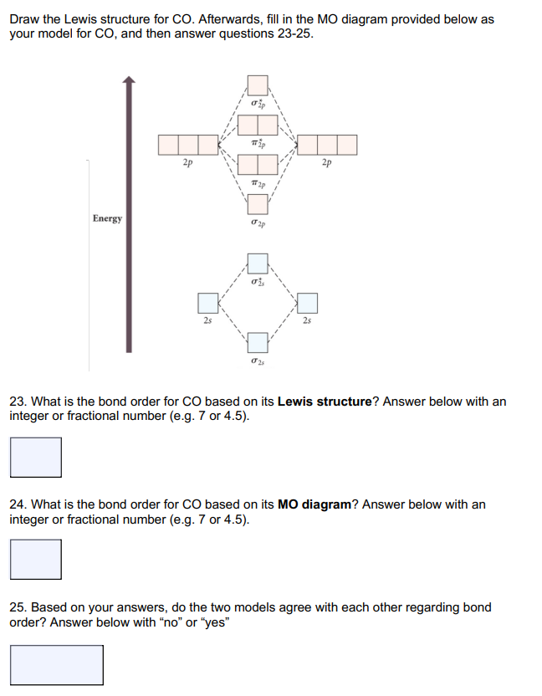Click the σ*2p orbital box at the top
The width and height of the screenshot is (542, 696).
point(258,85)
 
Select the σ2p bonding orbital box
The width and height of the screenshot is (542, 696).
point(258,203)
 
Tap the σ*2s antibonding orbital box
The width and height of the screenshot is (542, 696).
point(258,264)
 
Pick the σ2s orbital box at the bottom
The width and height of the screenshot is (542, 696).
point(258,341)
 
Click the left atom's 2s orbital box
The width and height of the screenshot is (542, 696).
point(207,302)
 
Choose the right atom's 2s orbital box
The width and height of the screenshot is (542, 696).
point(308,302)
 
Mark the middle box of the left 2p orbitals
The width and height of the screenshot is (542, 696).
point(188,145)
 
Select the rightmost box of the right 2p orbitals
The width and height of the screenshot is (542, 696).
point(346,145)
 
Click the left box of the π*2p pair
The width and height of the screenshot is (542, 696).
point(248,125)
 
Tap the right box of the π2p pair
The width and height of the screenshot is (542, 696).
point(268,165)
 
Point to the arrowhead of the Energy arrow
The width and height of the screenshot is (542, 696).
point(128,81)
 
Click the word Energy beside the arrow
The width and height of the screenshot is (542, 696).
point(107,218)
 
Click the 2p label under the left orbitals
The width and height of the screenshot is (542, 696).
point(188,164)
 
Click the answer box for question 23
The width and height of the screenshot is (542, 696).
point(36,458)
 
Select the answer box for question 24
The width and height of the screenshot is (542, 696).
point(36,559)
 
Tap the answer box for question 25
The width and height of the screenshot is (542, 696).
point(57,664)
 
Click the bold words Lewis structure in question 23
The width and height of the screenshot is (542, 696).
point(324,402)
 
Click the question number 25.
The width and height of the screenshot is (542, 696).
point(17,607)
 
